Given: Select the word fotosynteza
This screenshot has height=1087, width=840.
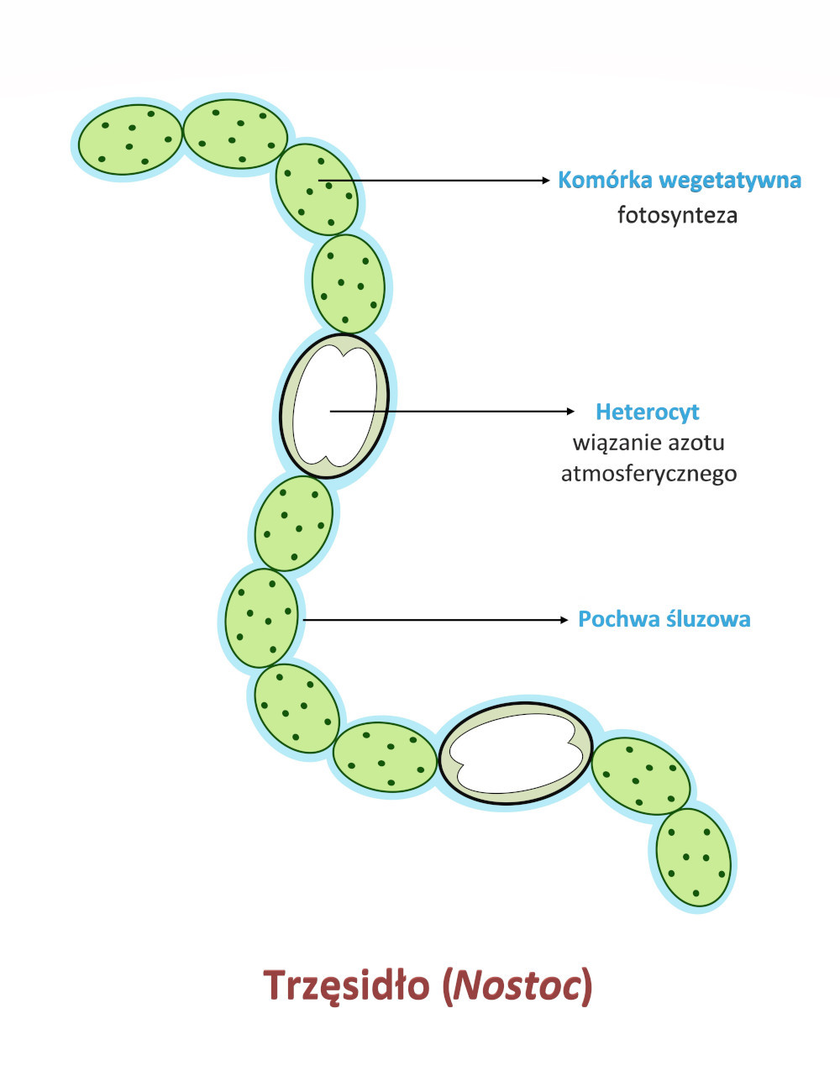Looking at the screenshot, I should click(677, 215).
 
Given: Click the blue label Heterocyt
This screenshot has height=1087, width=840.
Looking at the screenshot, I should click(647, 412).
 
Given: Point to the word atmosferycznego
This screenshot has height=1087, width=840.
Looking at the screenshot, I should click(648, 474).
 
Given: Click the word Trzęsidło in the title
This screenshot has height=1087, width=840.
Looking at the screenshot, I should click(347, 985).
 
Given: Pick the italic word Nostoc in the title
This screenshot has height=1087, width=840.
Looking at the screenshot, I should click(516, 985).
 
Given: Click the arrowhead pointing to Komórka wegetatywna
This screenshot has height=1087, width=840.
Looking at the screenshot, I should click(545, 180).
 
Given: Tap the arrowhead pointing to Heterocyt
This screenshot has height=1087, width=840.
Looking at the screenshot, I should click(571, 411).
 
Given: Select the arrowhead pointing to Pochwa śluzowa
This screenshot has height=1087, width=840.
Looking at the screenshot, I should click(564, 620).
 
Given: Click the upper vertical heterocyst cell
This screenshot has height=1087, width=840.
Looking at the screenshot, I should click(334, 406).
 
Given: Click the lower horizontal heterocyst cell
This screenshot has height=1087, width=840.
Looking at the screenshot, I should click(515, 752).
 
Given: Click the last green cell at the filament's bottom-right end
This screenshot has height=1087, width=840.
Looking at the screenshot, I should click(694, 857).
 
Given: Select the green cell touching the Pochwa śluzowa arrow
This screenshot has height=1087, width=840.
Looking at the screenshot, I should click(261, 618).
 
